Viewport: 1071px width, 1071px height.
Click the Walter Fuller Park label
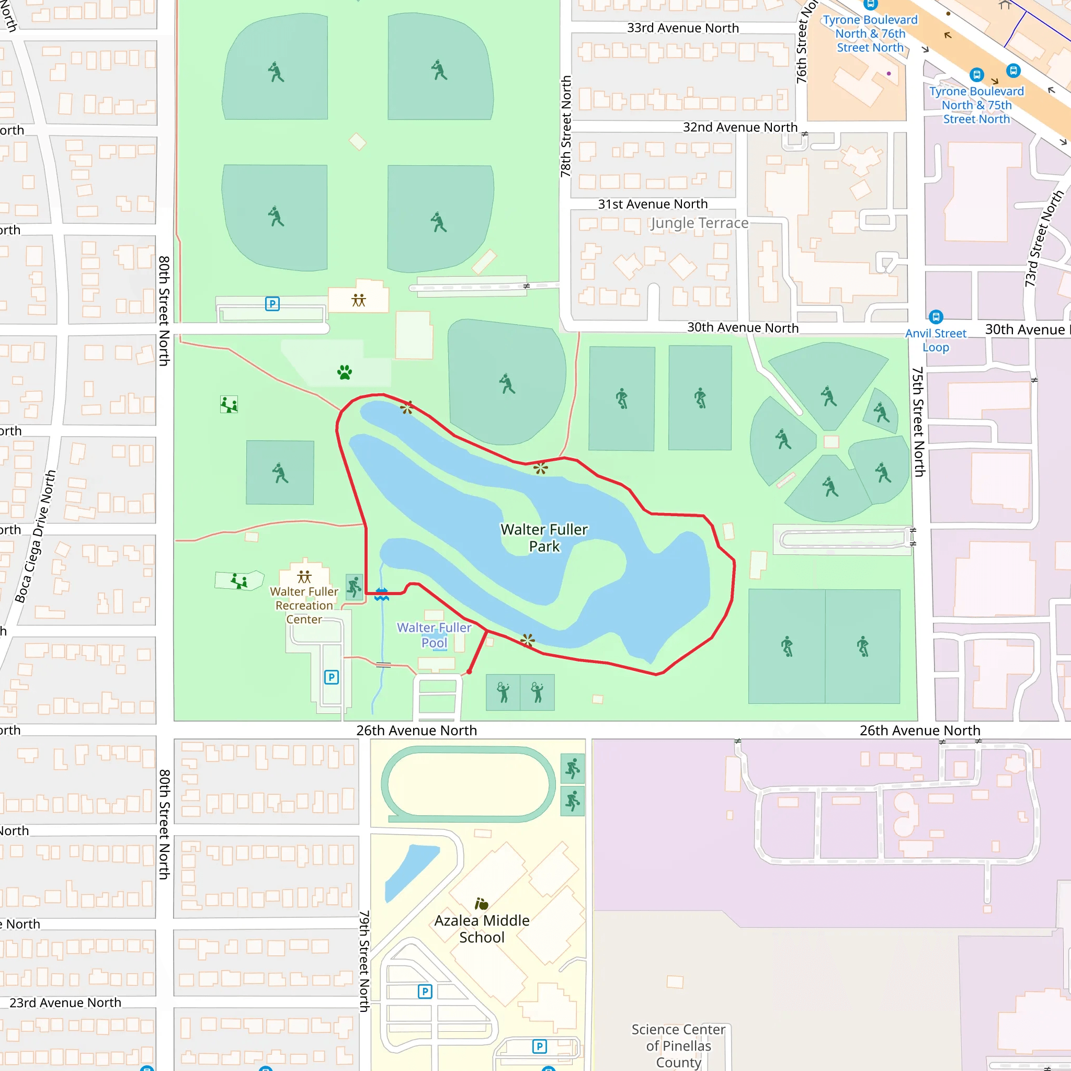coord(544,538)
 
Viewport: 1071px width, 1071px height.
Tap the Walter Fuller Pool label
coord(434,635)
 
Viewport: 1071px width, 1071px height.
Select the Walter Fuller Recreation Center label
coord(304,606)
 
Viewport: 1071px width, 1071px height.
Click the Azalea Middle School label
coord(482,929)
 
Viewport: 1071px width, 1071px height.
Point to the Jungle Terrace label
coord(699,223)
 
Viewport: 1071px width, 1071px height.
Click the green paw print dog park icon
coord(344,372)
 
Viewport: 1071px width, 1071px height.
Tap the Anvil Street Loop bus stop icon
coord(936,316)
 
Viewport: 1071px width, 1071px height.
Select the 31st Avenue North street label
coord(653,204)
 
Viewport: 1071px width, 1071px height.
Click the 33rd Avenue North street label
coord(682,28)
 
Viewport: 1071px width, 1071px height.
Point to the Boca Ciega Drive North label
coord(36,536)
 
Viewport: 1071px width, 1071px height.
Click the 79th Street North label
coord(364,961)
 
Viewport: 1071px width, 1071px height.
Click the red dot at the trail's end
coord(469,671)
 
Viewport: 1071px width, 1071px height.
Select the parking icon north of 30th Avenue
coord(272,304)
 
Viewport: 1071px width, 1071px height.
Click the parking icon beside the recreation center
coord(332,677)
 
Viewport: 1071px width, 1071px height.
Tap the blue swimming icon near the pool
coord(381,595)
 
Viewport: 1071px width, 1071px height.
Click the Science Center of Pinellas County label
coord(678,1045)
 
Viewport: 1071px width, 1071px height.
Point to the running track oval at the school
coord(468,784)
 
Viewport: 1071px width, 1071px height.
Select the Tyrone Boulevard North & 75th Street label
coord(976,105)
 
